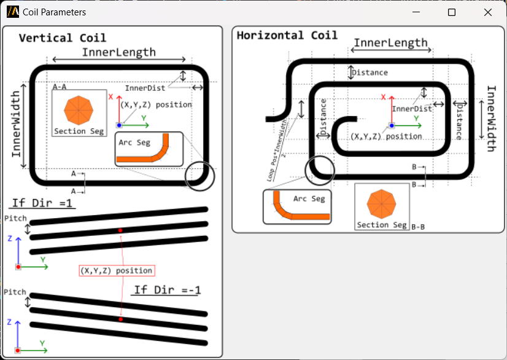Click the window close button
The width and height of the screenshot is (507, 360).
[488, 12]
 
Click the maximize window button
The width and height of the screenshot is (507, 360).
[452, 12]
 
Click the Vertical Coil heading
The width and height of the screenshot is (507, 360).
[62, 38]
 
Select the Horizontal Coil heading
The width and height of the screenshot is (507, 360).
[287, 35]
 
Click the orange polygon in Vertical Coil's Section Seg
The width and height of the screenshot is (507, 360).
[78, 110]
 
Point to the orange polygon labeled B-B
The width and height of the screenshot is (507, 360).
[381, 203]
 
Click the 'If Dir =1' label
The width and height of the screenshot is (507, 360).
[42, 203]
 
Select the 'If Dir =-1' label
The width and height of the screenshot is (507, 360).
[168, 289]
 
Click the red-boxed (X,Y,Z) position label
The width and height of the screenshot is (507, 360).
[116, 270]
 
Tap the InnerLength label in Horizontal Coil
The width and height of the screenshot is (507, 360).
[390, 42]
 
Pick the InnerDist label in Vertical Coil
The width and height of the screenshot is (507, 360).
[145, 88]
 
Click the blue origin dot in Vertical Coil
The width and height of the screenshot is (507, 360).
[119, 125]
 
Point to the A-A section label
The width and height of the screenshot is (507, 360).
[60, 87]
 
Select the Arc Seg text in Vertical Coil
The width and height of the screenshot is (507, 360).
[134, 143]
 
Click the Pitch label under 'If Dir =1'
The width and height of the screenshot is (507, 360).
[15, 218]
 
